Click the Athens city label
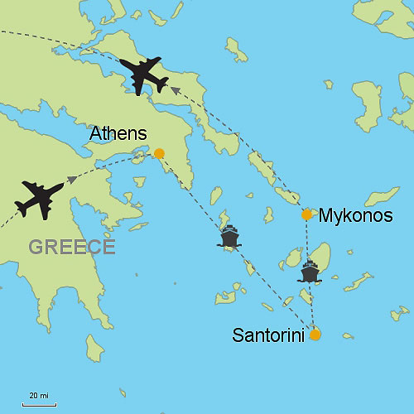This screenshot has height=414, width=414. point(118,133)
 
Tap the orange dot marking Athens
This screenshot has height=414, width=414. point(159,153)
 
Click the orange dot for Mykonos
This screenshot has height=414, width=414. point(306,214)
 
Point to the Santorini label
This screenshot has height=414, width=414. point(267,335)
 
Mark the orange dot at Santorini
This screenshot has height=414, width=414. point(315,335)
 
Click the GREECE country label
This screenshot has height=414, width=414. point(71,246)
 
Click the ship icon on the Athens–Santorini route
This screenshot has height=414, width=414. point(229,238)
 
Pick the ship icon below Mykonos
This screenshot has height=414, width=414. point(310,271)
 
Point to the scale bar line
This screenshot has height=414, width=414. point(39,403)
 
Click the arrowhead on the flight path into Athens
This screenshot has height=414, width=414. point(73,179)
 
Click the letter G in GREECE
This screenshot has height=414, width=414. point(36,246)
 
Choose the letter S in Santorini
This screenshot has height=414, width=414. point(238,335)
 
